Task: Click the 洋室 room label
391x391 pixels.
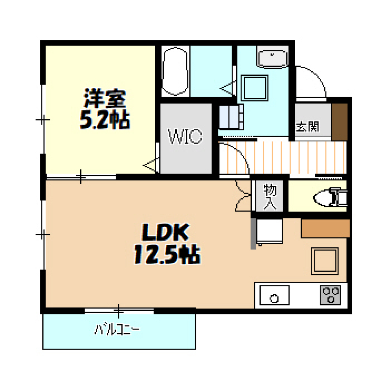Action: (x=105, y=98)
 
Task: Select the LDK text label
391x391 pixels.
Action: (x=165, y=232)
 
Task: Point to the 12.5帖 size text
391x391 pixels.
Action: (x=167, y=254)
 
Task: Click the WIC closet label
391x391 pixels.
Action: (x=185, y=136)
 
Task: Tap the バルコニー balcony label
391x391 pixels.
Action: (x=117, y=330)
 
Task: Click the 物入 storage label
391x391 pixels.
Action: (x=270, y=196)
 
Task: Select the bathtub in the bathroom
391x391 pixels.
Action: (x=175, y=71)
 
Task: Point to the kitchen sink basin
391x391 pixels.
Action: (x=274, y=295)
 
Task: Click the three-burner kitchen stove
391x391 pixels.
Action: (x=330, y=295)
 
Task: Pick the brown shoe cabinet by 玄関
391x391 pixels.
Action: (x=339, y=122)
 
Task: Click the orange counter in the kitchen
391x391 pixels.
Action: (x=325, y=228)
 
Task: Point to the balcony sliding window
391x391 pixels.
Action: (x=119, y=311)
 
